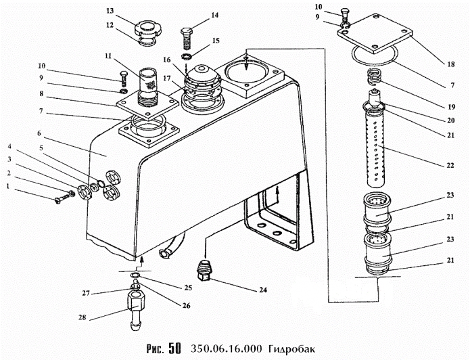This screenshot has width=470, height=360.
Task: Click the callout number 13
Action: pyautogui.click(x=110, y=11)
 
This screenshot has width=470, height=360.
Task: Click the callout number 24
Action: pyautogui.click(x=263, y=290)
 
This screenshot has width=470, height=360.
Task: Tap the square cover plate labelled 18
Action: pyautogui.click(x=375, y=34)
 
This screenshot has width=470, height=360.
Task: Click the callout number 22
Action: pyautogui.click(x=450, y=165)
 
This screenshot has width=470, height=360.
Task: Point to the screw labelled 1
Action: pyautogui.click(x=64, y=198)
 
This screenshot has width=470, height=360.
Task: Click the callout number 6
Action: pyautogui.click(x=39, y=133)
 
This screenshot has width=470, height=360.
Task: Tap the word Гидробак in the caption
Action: pyautogui.click(x=291, y=349)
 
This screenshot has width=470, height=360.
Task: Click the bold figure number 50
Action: pyautogui.click(x=175, y=348)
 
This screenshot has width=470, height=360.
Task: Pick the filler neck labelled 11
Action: pyautogui.click(x=148, y=87)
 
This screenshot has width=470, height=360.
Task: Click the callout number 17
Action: pyautogui.click(x=166, y=78)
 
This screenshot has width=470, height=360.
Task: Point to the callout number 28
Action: pyautogui.click(x=82, y=317)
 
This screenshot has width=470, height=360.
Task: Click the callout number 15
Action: pyautogui.click(x=216, y=41)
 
